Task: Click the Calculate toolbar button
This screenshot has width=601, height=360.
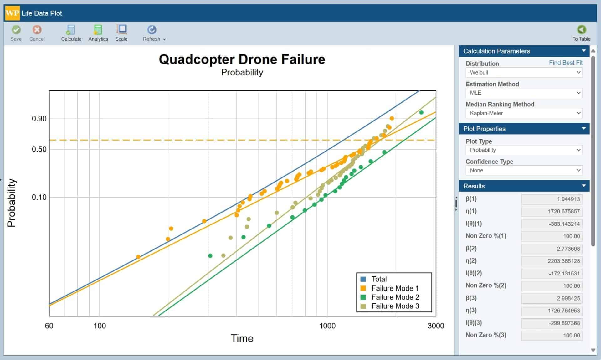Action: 71,33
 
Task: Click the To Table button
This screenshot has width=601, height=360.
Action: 581,33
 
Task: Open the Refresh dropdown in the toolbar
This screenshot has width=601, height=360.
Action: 154,33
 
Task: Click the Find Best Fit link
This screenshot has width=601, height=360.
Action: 565,63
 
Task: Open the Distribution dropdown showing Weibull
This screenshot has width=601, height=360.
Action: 524,73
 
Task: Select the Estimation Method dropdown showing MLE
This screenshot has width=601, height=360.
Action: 524,93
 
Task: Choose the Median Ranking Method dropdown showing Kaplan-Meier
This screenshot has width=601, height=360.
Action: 524,113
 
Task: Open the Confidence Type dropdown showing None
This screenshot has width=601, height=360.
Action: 524,171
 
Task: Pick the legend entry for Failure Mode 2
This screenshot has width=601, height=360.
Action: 395,297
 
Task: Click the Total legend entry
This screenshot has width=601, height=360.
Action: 379,279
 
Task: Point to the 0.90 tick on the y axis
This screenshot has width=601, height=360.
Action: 39,119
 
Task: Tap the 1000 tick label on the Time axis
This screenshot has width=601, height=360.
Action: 327,326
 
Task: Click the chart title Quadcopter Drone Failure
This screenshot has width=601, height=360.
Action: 242,59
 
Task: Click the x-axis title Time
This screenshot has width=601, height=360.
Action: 242,338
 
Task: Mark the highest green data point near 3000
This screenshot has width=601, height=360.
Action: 421,112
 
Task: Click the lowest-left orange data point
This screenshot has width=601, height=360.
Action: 138,257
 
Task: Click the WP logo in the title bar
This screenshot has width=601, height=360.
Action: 12,13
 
